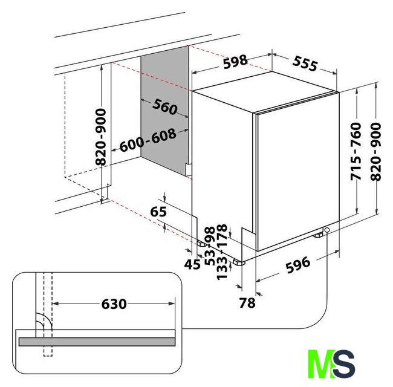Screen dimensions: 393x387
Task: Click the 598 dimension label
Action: (235, 62)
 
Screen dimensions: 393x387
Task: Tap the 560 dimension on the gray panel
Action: (165, 106)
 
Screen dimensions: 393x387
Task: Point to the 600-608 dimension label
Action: (148, 140)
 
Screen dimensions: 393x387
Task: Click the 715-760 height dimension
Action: (356, 151)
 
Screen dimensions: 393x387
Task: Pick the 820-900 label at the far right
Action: (375, 151)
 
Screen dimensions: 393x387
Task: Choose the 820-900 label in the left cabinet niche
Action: (101, 137)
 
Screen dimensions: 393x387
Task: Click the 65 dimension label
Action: (158, 212)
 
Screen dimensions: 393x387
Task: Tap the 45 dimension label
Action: (192, 264)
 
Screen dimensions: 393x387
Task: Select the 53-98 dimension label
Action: (210, 246)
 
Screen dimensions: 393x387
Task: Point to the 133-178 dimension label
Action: (222, 252)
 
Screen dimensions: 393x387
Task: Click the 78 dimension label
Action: (247, 303)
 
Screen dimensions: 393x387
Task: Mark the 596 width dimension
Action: (298, 265)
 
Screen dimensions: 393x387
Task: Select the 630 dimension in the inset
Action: (114, 304)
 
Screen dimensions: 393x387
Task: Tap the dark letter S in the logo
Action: (345, 363)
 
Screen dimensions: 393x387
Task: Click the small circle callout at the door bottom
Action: (327, 230)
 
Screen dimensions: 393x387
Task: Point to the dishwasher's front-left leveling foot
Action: (239, 262)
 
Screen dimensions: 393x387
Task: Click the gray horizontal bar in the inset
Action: (97, 342)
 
